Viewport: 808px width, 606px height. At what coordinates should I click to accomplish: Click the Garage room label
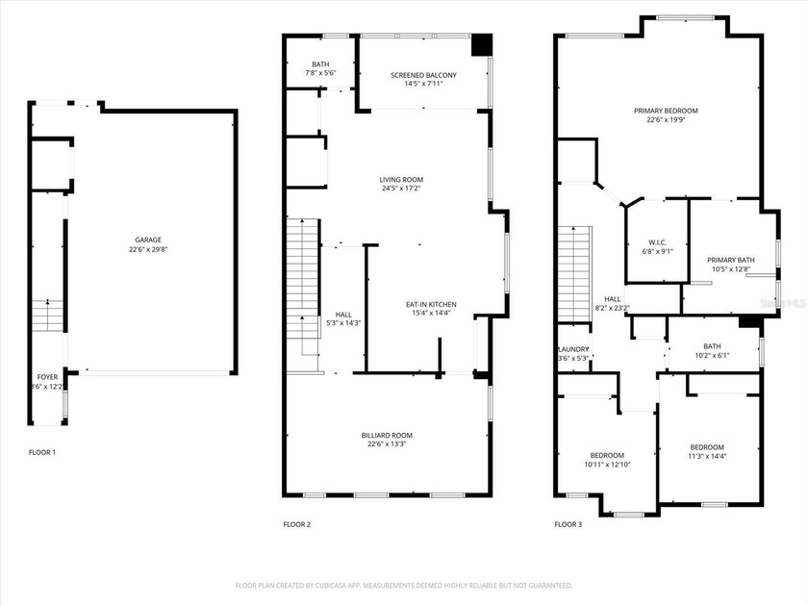pos(147,240)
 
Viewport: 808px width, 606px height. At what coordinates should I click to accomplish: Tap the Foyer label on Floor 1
pos(47,377)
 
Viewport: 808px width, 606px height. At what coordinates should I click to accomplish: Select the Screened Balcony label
pos(423,75)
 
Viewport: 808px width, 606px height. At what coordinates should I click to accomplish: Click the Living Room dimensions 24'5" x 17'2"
pos(401,189)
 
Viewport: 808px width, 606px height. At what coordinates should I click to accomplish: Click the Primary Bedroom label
pos(666,111)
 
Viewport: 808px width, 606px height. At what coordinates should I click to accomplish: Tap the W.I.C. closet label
pos(658,241)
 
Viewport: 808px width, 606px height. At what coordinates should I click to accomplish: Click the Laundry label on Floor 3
pos(572,349)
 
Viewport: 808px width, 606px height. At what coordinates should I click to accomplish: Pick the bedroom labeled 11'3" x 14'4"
pos(707,447)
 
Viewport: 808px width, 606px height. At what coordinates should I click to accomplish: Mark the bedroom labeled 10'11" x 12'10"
pos(607,455)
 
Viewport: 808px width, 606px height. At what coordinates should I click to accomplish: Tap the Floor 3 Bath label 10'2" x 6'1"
pos(712,346)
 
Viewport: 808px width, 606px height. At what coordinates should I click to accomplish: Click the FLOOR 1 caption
pos(42,452)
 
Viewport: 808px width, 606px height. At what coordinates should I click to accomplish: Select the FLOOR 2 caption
pos(296,524)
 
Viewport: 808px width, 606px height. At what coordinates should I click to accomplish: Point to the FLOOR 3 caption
pos(568,524)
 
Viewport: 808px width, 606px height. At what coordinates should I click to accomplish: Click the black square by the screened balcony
pos(482,46)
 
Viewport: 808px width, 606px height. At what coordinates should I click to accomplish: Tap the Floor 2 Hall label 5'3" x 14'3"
pos(343,315)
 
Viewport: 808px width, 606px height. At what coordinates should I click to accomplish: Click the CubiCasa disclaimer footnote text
pos(404,585)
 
